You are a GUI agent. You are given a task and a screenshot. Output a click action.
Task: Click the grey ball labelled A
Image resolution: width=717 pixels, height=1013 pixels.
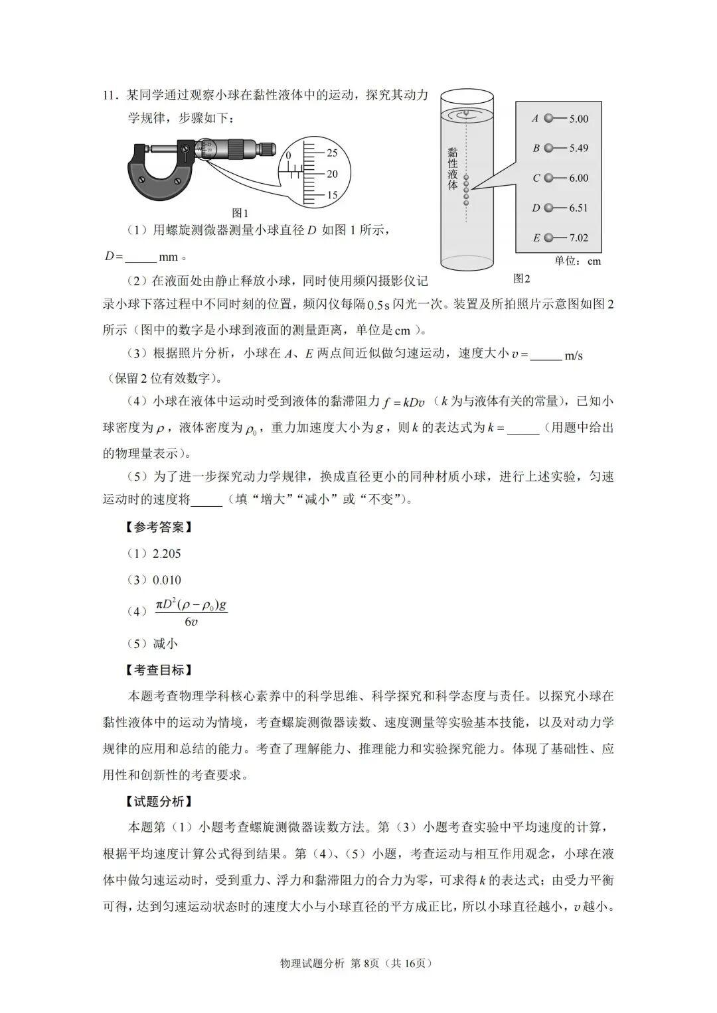tap(548, 119)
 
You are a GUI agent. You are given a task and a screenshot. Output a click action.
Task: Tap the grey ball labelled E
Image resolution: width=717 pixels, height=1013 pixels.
tap(548, 237)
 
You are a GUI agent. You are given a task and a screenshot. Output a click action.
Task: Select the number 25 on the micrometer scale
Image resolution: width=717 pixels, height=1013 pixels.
tap(332, 153)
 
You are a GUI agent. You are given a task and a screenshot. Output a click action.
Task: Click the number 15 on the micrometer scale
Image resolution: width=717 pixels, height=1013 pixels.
tap(332, 195)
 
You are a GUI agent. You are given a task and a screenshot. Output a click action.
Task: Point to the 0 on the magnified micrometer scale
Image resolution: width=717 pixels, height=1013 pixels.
tap(289, 155)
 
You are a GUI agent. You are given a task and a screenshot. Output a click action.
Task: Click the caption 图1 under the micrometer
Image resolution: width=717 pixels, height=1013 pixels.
tap(240, 213)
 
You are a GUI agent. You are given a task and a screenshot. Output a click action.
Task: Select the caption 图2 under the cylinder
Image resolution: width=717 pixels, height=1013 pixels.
tap(522, 279)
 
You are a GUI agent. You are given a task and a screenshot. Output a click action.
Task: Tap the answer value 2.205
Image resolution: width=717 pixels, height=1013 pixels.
tap(167, 554)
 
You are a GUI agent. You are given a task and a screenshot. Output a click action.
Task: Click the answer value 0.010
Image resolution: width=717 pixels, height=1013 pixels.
tap(167, 580)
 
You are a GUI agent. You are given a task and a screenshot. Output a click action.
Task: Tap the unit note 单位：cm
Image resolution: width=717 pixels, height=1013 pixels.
tap(578, 261)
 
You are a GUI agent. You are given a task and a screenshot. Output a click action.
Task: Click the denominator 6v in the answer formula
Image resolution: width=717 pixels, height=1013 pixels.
tap(191, 622)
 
